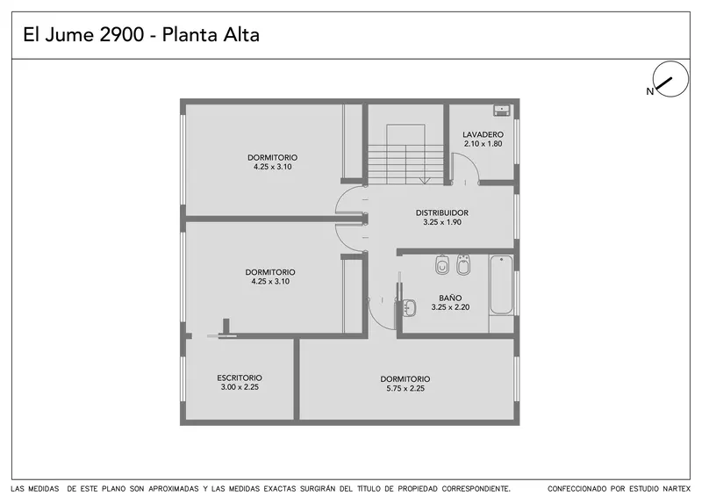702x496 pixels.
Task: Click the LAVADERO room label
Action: [483, 134]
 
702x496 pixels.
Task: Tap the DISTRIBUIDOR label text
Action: [442, 212]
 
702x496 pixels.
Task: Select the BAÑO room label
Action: [450, 298]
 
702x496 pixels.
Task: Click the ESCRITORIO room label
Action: [240, 377]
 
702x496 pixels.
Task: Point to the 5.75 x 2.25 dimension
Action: [405, 389]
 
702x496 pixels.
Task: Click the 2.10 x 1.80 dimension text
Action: [483, 144]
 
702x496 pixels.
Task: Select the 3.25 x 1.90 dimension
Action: [442, 222]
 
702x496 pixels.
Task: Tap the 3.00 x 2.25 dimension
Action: [240, 387]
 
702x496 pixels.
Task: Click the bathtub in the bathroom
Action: [501, 284]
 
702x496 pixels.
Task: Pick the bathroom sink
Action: [408, 308]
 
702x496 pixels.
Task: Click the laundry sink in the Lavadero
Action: [502, 111]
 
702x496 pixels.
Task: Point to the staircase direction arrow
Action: [425, 181]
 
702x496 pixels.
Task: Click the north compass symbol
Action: [670, 79]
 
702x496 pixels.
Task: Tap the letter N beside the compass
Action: [649, 91]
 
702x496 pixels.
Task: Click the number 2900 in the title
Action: [121, 34]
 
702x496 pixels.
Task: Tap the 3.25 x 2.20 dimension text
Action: [450, 307]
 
